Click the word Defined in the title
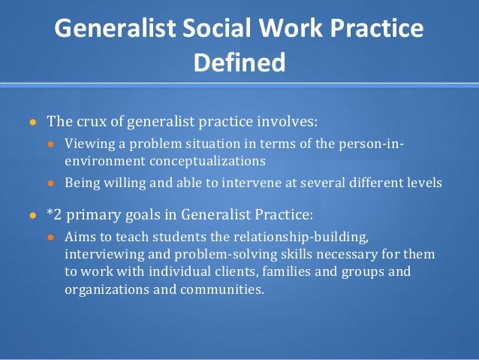pos(239,62)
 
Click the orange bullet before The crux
pos(32,122)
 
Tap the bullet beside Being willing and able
pos(51,183)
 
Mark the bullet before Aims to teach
pos(51,238)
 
